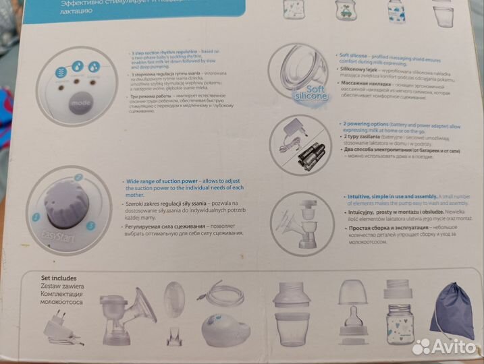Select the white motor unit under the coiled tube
click(x=223, y=334)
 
